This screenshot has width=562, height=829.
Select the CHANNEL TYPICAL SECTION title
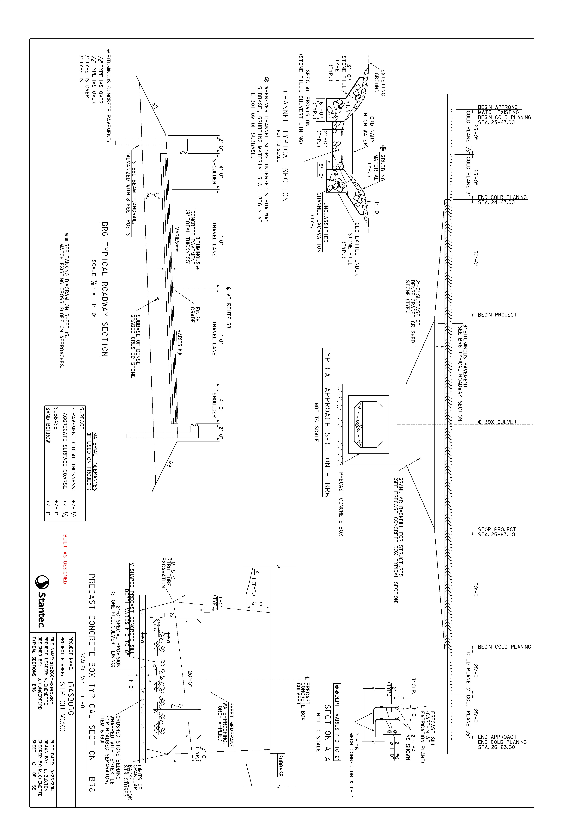[x=285, y=146]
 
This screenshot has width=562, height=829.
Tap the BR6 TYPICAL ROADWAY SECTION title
[x=104, y=289]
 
